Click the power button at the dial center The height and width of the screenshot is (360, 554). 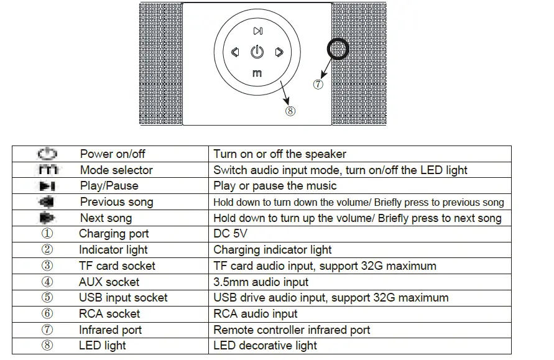click(257, 52)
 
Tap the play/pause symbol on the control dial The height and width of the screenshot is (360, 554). click(257, 31)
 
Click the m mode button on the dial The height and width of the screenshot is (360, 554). click(257, 74)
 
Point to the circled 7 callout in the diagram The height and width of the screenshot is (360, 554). click(318, 85)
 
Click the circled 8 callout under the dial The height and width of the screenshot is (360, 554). click(290, 111)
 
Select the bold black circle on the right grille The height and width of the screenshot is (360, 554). click(338, 48)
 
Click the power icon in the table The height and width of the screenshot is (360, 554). click(47, 154)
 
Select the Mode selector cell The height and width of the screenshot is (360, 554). click(116, 170)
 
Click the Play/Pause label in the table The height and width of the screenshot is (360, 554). click(109, 186)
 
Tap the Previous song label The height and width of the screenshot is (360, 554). click(116, 202)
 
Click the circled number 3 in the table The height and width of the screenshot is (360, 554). click(47, 266)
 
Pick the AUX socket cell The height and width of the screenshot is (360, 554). click(109, 282)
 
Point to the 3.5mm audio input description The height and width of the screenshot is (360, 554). click(261, 282)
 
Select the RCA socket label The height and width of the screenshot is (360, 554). click(109, 314)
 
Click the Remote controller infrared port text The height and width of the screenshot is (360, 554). click(292, 330)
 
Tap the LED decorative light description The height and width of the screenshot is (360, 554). click(265, 346)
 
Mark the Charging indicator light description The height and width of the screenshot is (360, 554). click(272, 250)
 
